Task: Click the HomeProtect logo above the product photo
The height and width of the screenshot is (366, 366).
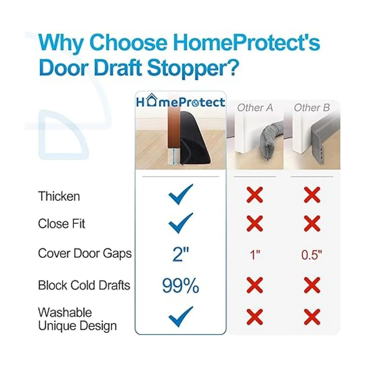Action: (181, 101)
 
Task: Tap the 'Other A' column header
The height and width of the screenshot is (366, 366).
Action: (255, 108)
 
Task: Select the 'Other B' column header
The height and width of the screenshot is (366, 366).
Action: (312, 108)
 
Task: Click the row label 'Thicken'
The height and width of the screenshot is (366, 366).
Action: (59, 196)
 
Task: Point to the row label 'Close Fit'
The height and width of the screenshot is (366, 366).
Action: (62, 224)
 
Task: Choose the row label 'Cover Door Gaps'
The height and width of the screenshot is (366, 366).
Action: (85, 254)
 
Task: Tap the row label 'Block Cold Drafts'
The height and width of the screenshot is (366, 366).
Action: (84, 285)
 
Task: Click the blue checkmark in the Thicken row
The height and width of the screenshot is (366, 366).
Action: (181, 194)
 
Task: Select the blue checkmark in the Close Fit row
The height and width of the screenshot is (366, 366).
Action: (181, 223)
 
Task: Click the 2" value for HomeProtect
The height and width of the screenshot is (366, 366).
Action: (181, 254)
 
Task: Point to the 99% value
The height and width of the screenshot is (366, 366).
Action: (181, 286)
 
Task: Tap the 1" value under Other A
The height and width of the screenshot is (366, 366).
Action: (255, 255)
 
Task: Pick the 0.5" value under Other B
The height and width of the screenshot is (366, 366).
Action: (312, 255)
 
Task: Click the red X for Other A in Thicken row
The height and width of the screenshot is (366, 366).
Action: (255, 195)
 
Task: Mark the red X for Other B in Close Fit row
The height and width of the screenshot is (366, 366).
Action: (312, 223)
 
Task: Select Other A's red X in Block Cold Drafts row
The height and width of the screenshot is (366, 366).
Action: (255, 285)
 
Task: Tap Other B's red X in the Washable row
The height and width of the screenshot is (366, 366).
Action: (312, 317)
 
